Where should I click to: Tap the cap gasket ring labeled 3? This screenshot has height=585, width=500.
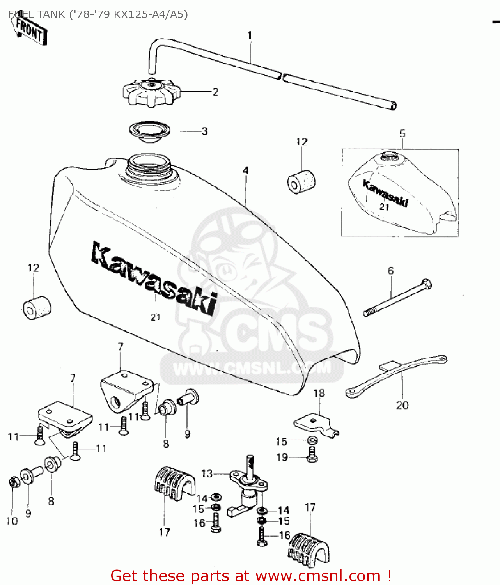(150, 131)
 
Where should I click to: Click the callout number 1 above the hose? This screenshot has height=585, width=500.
(250, 35)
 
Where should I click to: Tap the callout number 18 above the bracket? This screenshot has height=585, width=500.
(319, 393)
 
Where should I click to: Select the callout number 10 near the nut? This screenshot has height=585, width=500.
(12, 521)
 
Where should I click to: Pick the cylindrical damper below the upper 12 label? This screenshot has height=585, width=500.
(301, 181)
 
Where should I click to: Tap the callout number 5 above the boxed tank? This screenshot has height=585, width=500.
(402, 133)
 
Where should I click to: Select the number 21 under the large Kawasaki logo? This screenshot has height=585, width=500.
(156, 317)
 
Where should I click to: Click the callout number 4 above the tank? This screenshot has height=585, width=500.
(245, 170)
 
